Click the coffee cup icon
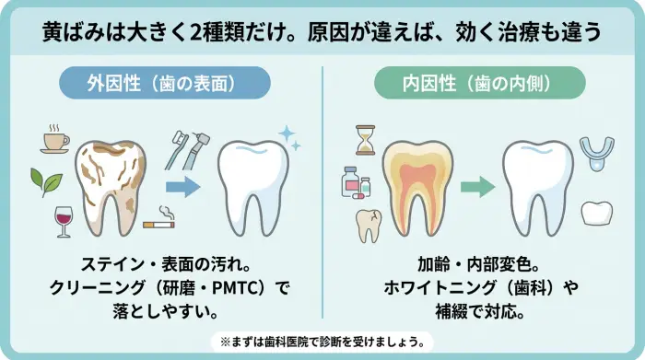click(x=55, y=140)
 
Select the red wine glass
click(x=63, y=220)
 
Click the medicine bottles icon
click(x=356, y=181)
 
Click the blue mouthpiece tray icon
click(x=596, y=150)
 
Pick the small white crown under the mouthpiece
click(x=597, y=212)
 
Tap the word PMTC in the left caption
click(x=242, y=288)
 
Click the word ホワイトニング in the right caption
click(x=432, y=288)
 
